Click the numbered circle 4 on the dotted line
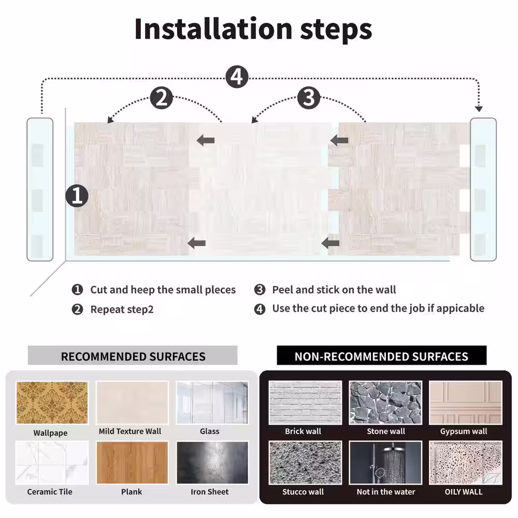click(x=237, y=77)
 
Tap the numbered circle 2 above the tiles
click(x=161, y=98)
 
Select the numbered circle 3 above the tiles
click(x=309, y=98)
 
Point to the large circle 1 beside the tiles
click(x=77, y=196)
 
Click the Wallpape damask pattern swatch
click(x=52, y=402)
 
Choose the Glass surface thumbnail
click(x=212, y=402)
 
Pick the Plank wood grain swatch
click(x=132, y=463)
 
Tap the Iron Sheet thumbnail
click(x=212, y=463)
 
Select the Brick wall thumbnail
click(x=305, y=402)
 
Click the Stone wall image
click(x=385, y=402)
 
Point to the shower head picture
click(x=385, y=463)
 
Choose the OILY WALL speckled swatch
click(x=466, y=463)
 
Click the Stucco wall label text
click(x=303, y=492)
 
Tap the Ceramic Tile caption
click(x=50, y=492)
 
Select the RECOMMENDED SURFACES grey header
click(x=133, y=355)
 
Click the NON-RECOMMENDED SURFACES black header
click(x=382, y=355)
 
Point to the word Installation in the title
click(x=213, y=28)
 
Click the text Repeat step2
click(x=122, y=309)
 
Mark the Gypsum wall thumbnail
click(x=466, y=402)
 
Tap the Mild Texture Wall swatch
click(x=132, y=402)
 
